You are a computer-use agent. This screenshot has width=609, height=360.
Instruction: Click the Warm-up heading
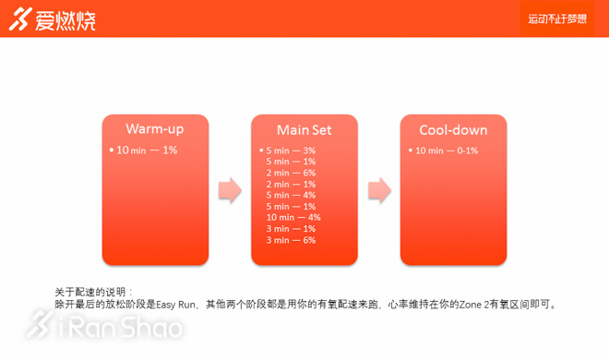tap(155, 128)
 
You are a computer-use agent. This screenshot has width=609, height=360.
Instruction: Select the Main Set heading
tap(304, 130)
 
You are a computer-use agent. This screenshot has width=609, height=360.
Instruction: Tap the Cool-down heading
tap(453, 130)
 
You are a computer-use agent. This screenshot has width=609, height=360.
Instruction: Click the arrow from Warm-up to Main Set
tap(229, 191)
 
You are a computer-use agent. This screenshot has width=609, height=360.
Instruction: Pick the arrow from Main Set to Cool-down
tap(378, 191)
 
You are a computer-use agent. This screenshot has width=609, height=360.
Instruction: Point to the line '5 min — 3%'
tap(291, 150)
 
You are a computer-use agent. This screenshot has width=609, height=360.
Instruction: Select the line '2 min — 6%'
tap(291, 173)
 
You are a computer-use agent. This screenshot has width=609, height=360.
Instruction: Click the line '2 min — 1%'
tap(291, 184)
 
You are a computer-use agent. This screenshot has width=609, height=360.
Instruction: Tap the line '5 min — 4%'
tap(291, 195)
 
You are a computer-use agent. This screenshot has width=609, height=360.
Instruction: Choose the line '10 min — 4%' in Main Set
tap(293, 218)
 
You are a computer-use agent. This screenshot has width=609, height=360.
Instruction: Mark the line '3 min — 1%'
tap(291, 229)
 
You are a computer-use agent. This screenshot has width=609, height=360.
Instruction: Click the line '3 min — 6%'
tap(291, 240)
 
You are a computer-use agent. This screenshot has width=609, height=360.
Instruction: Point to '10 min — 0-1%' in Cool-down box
tap(447, 150)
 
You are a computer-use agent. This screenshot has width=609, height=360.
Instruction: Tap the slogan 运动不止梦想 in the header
tap(556, 18)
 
